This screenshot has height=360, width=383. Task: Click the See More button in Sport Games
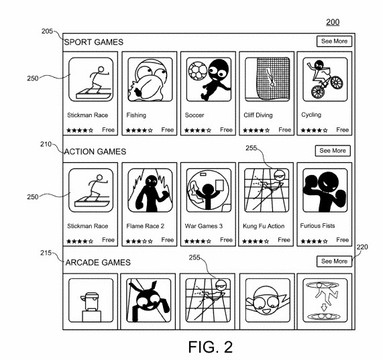333,42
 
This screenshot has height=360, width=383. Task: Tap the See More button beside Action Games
333,151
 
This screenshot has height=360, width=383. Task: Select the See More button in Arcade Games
333,261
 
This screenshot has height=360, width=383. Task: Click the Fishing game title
136,115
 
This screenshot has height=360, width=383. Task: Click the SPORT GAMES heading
94,42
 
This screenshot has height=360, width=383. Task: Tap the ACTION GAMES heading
96,152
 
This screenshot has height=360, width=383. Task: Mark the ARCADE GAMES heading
98,262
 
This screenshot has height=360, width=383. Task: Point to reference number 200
332,22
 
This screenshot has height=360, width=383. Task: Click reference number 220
362,247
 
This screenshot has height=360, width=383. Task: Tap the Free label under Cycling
342,129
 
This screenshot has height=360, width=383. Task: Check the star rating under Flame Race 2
138,240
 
